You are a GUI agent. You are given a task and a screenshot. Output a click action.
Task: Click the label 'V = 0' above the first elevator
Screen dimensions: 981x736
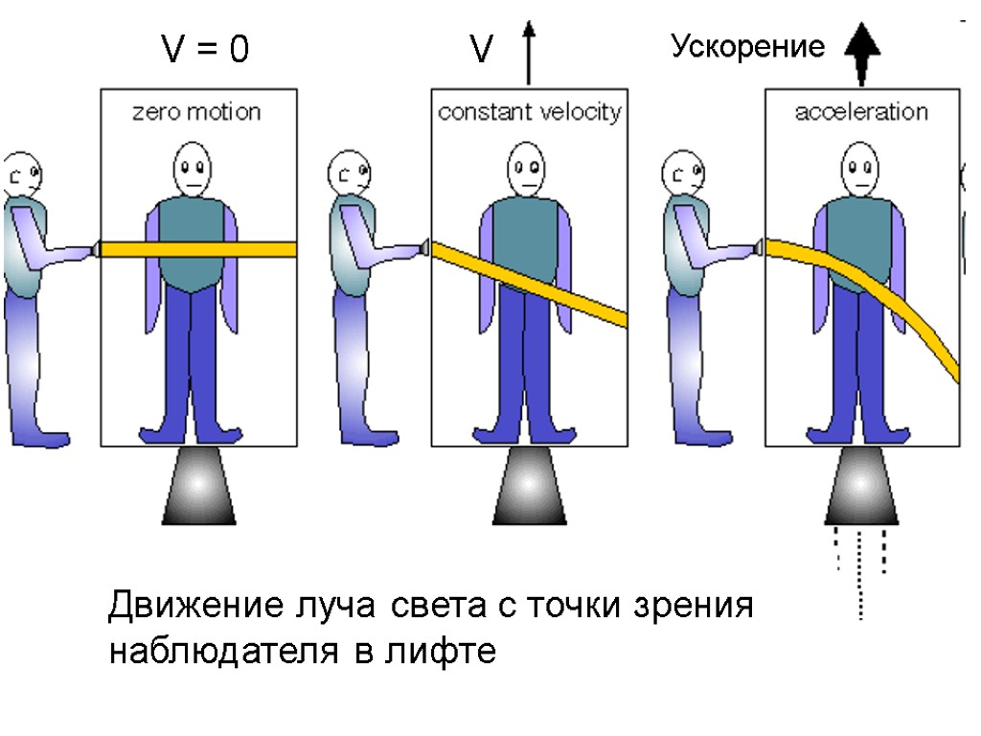coord(203,50)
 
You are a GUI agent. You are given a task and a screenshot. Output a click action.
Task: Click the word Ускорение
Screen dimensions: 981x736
coord(747,47)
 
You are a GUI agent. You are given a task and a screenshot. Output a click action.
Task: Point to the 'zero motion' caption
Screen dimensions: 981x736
coord(195,112)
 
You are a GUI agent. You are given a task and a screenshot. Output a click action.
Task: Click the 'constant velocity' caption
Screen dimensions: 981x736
coord(529,112)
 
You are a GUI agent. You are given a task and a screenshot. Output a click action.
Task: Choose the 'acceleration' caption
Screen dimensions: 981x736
coord(861,112)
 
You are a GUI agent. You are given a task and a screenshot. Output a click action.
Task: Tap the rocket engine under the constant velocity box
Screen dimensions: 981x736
coord(529,485)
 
